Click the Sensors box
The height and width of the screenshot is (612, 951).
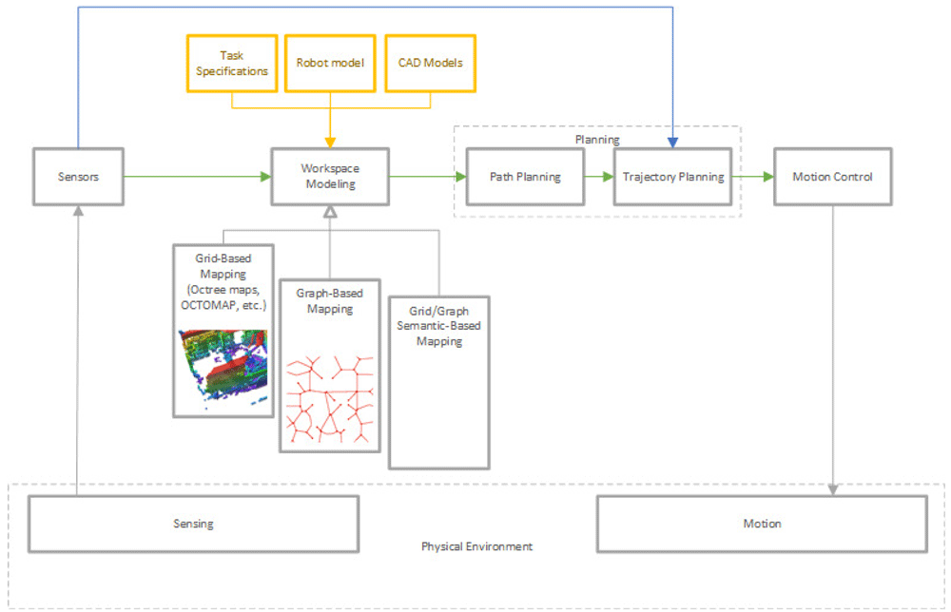[x=78, y=177]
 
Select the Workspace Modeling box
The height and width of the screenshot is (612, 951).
[x=330, y=177]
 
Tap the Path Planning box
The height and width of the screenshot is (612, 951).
[x=525, y=177]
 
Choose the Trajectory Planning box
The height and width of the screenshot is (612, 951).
[x=672, y=177]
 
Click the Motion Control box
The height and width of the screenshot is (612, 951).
[x=833, y=177]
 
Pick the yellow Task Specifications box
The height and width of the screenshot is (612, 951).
[x=232, y=64]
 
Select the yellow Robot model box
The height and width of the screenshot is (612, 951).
[x=331, y=64]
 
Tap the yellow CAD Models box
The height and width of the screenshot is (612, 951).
[x=431, y=64]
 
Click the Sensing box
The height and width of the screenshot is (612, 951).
[x=193, y=525]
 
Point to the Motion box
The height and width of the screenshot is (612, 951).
[x=763, y=525]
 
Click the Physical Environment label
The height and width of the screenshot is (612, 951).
[x=476, y=546]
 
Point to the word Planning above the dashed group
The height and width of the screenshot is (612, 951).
[x=597, y=140]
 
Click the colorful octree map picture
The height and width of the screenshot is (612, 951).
[x=223, y=365]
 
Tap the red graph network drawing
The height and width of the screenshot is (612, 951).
[x=330, y=399]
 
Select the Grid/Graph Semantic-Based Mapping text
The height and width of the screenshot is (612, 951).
[x=439, y=326]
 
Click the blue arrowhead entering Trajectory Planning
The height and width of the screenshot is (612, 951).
[x=672, y=143]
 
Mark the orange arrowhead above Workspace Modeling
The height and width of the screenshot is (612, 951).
[x=330, y=143]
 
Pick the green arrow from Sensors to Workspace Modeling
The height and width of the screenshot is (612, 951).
[x=198, y=177]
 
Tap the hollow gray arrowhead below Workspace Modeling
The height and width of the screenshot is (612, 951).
[x=330, y=212]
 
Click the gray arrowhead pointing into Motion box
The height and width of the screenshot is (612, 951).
[x=833, y=489]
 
